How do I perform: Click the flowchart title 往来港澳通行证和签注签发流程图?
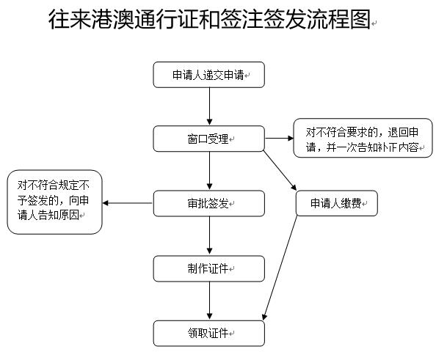(x=210, y=21)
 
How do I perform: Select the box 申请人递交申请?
(x=208, y=76)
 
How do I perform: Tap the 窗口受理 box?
(x=208, y=139)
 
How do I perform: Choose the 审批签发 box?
(x=208, y=203)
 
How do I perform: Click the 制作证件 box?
(x=208, y=268)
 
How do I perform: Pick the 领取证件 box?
(x=208, y=334)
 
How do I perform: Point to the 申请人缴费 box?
(x=336, y=203)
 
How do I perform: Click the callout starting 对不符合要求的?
(x=363, y=138)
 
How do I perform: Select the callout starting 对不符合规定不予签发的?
(x=55, y=202)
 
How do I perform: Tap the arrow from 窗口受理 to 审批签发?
(x=209, y=171)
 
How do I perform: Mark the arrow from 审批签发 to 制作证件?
(x=209, y=235)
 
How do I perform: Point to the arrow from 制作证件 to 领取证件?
(x=209, y=301)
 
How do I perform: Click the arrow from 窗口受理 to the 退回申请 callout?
(x=278, y=138)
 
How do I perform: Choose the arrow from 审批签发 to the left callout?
(x=128, y=203)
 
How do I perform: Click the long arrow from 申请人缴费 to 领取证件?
(x=280, y=268)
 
